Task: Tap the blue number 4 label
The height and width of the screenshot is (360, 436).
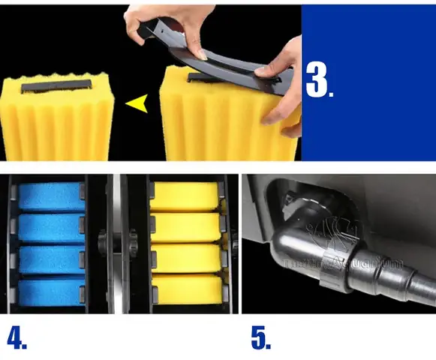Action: tap(17, 337)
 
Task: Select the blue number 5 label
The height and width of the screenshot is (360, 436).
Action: tap(261, 337)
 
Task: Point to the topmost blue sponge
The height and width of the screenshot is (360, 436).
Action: tap(50, 196)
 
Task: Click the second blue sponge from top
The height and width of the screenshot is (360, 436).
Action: tap(50, 227)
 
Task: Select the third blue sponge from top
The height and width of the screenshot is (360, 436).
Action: tap(50, 259)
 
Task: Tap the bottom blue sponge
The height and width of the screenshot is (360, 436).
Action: tap(50, 289)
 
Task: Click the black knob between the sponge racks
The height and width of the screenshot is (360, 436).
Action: tap(106, 244)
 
